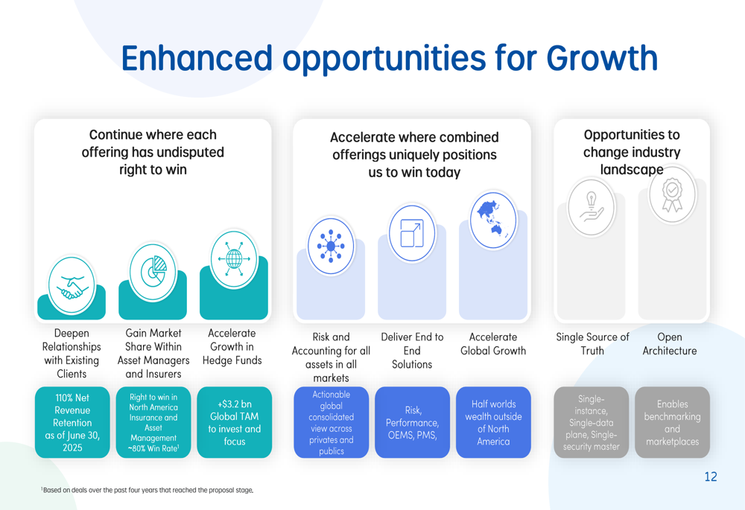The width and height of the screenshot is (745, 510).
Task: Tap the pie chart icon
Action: click(x=153, y=272)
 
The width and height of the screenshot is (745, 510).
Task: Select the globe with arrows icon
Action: click(x=234, y=259)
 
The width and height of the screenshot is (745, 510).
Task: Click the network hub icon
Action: click(x=332, y=246)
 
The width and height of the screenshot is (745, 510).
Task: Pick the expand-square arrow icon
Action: click(x=412, y=233)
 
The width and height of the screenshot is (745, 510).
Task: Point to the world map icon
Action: click(x=493, y=220)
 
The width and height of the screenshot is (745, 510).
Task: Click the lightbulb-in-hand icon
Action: click(x=591, y=207)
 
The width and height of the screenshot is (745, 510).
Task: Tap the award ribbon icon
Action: click(x=672, y=194)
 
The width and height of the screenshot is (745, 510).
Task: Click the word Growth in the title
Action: click(x=602, y=58)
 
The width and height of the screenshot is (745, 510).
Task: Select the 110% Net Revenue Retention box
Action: click(x=72, y=422)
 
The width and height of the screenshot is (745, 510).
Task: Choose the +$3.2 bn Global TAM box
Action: click(x=234, y=422)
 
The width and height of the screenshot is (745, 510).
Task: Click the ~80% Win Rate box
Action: click(x=153, y=422)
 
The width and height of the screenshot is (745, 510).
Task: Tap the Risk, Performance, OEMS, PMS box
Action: click(x=412, y=422)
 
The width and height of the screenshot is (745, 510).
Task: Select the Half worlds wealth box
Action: click(x=493, y=422)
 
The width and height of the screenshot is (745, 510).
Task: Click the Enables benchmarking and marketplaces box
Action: click(x=672, y=422)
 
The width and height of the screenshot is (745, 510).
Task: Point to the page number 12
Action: click(x=711, y=476)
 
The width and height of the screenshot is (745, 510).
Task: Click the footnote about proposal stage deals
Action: click(x=147, y=490)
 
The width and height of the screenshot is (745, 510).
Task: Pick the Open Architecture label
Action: click(x=670, y=344)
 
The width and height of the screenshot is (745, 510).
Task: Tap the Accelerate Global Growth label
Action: click(x=493, y=344)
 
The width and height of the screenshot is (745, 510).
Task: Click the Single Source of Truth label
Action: click(x=592, y=344)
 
